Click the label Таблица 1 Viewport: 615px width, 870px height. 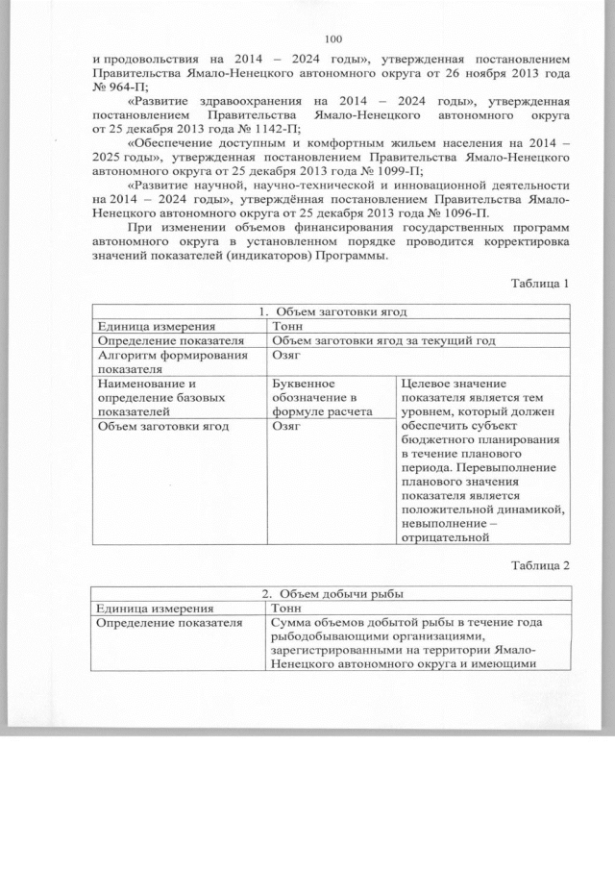coord(542,285)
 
